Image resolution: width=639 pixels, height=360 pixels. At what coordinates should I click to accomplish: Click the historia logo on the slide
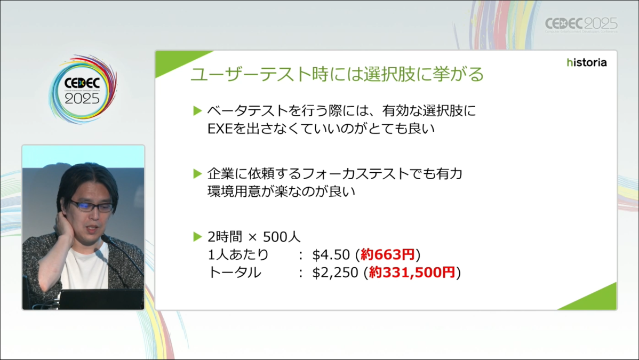tap(586, 62)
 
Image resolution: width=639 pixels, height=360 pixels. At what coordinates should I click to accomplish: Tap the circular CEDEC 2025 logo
tap(83, 89)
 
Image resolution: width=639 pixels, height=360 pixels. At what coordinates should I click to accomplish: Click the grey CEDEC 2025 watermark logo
tap(581, 25)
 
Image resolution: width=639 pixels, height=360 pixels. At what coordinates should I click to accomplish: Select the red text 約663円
tap(388, 255)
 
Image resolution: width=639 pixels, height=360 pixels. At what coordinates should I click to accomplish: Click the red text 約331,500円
tap(412, 273)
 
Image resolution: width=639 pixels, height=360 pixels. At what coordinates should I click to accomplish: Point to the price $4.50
tap(331, 255)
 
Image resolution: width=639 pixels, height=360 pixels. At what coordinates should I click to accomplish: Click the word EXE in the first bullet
tap(220, 129)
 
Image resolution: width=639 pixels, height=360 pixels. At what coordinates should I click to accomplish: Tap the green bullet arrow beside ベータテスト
tap(198, 110)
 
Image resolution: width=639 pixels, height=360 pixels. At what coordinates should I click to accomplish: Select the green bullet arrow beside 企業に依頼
tap(198, 174)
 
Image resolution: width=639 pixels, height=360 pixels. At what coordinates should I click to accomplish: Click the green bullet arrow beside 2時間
tap(198, 236)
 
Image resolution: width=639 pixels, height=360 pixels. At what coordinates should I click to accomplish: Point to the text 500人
tap(282, 237)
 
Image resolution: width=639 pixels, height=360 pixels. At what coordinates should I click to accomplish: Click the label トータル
tap(234, 273)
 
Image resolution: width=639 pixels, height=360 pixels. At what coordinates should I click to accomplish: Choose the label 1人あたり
tap(238, 255)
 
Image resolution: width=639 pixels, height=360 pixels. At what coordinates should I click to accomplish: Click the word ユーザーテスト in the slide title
tap(251, 74)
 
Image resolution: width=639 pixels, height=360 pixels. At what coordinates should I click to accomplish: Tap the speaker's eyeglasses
tap(92, 206)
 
